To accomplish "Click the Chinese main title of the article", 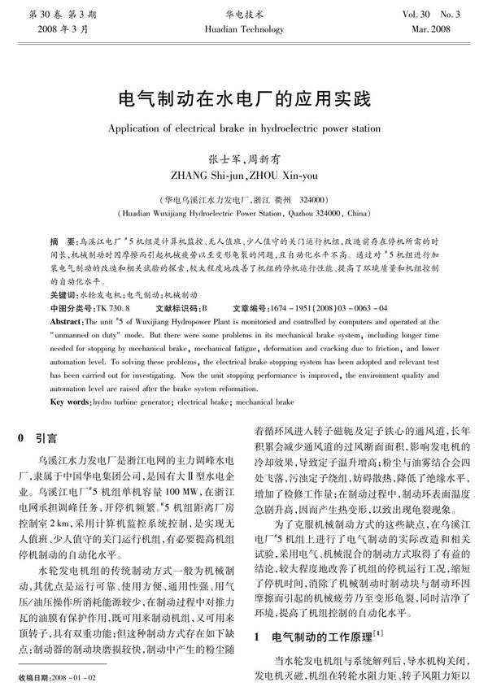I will (x=244, y=100).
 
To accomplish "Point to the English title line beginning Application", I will (x=244, y=128).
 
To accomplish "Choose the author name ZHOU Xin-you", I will (x=281, y=173).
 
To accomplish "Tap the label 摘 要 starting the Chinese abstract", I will (x=60, y=243).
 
